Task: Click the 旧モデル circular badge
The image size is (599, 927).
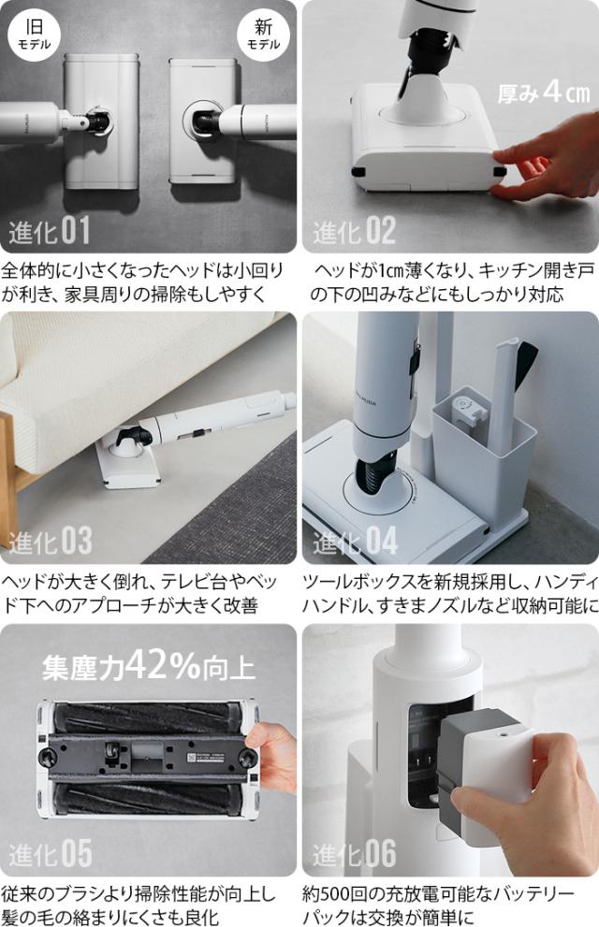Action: coord(35,34)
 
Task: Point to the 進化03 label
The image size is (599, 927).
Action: coord(50,542)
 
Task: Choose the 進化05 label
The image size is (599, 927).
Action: coord(50,853)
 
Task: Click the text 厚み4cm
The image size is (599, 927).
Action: coord(543,93)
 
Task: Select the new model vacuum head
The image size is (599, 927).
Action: coord(201,122)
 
